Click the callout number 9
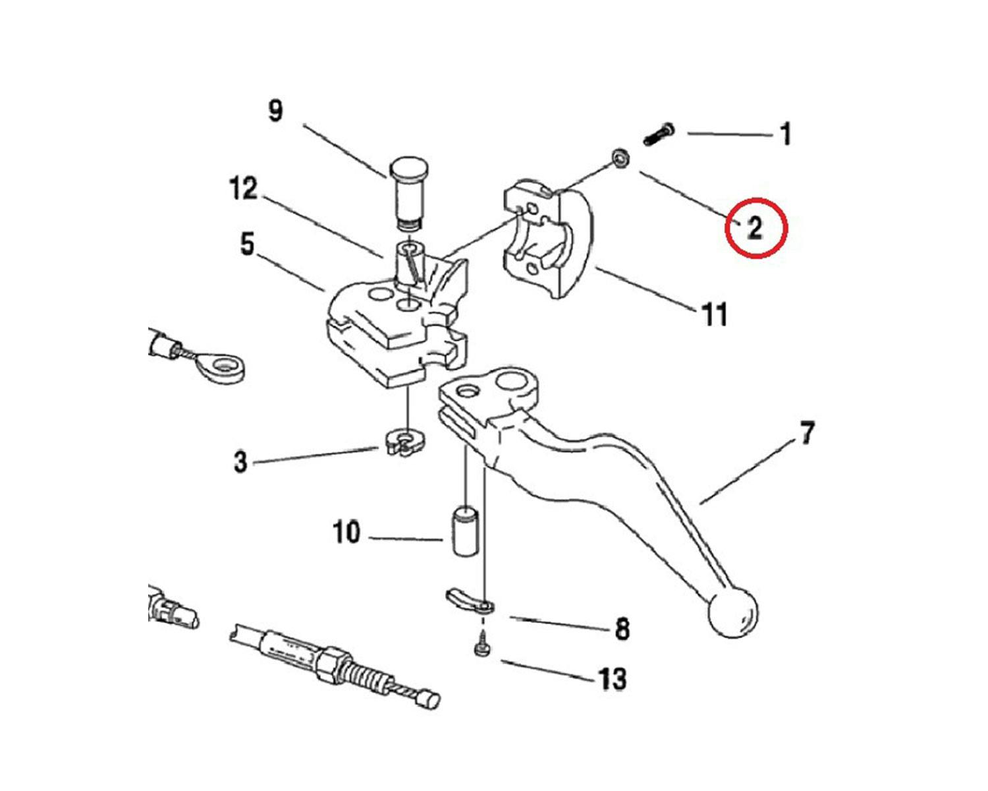pos(275,110)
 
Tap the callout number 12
pos(243,189)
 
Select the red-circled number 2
pos(755,228)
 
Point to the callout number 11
pos(715,314)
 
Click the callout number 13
pos(612,678)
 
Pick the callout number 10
pos(346,532)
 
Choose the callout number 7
pos(807,434)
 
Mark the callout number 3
pos(241,461)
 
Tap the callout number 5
pos(247,245)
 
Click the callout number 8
pos(622,629)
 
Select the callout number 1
pos(784,134)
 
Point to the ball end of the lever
pos(732,612)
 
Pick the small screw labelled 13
pos(481,645)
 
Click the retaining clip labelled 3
pos(404,443)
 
